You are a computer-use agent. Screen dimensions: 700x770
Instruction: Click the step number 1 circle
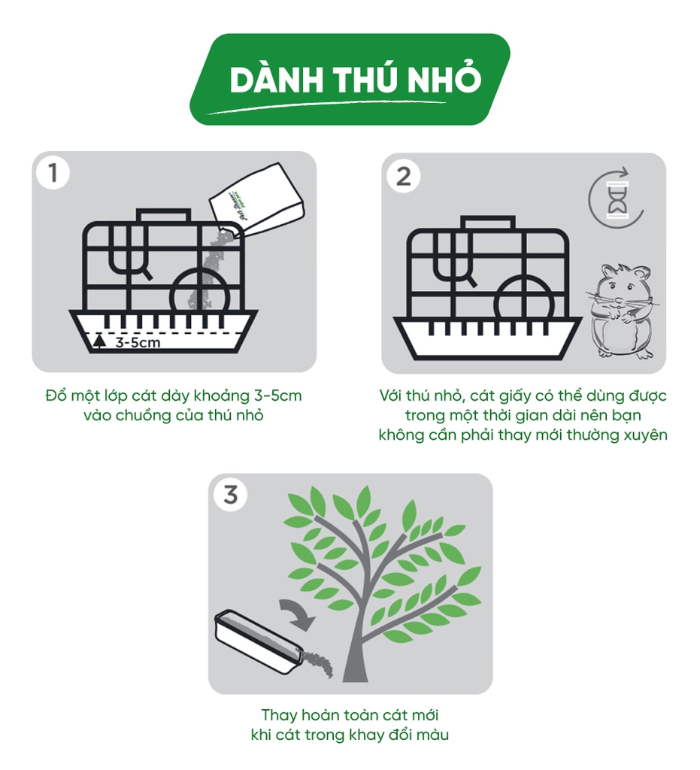[53, 173]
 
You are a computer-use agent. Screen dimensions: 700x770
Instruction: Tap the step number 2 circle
[403, 175]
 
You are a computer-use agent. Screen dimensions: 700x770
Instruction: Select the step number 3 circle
[230, 495]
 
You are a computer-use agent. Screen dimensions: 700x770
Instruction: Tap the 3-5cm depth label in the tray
[138, 342]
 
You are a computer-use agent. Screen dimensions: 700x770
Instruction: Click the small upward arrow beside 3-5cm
[100, 341]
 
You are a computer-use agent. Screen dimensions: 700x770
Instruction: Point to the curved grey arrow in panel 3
[298, 614]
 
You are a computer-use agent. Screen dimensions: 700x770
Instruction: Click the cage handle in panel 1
[163, 216]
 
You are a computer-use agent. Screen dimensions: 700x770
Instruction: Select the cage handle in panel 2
[488, 223]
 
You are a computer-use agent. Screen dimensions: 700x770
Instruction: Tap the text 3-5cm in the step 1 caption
[278, 396]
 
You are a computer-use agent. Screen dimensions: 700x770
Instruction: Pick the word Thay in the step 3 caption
[279, 716]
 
